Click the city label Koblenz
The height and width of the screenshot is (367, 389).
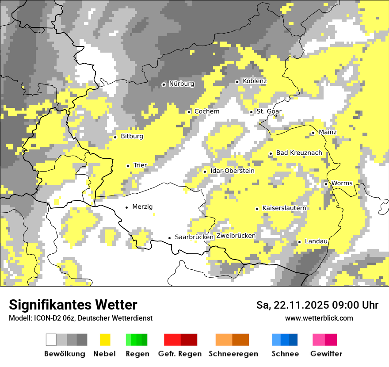coord(255,81)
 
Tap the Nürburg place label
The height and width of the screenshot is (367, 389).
coord(181,84)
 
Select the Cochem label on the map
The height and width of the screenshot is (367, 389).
coord(206,111)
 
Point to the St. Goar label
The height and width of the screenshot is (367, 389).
coord(269,111)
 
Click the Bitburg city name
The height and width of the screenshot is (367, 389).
coord(132,136)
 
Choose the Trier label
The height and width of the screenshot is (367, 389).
coord(140,165)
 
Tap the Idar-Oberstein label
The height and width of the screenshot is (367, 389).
coord(233,171)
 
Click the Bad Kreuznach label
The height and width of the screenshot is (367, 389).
coord(299,153)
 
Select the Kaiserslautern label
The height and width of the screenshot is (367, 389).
coord(284,208)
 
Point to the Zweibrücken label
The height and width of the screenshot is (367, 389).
coord(236,236)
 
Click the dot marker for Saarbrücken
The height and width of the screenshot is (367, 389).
coord(169,238)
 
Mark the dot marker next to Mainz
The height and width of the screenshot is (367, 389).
coord(313,133)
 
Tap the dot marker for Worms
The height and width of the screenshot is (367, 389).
coord(326,184)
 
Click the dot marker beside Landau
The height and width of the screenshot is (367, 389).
coord(299,242)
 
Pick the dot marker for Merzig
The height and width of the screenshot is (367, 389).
coord(127,207)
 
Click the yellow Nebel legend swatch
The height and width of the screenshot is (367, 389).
coord(105,340)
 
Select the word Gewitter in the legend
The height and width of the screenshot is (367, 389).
coord(326,354)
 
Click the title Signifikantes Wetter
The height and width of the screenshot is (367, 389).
coord(73,305)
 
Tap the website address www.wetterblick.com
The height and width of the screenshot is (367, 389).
coord(319,318)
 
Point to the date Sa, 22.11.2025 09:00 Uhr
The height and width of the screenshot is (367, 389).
coord(317,305)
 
